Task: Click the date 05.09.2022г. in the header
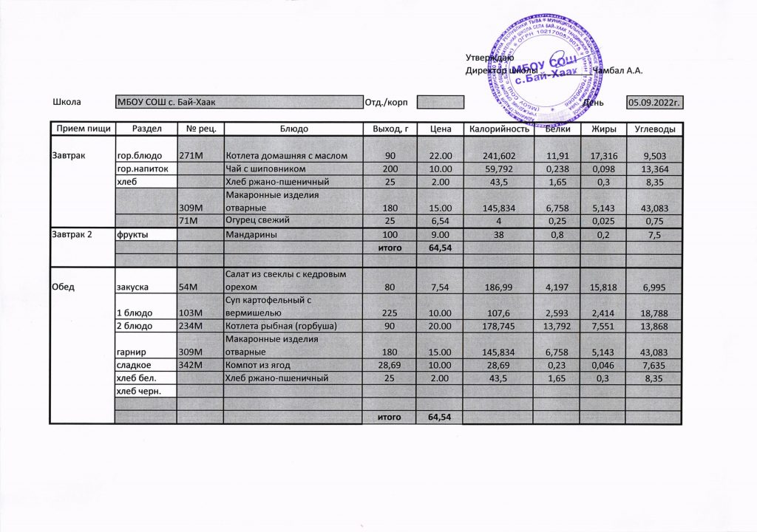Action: [654, 102]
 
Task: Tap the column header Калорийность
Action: [498, 129]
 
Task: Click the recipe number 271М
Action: [191, 156]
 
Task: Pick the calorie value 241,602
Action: [498, 156]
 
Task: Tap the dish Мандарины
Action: [251, 234]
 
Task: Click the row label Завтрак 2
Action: [73, 234]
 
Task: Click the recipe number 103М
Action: [191, 313]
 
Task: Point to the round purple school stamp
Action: [538, 70]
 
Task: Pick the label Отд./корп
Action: [386, 102]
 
